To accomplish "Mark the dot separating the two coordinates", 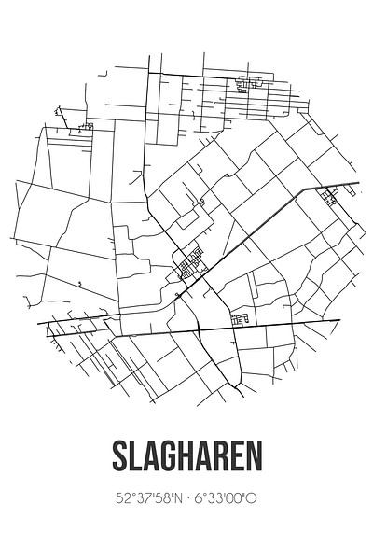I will [x=186, y=497].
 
